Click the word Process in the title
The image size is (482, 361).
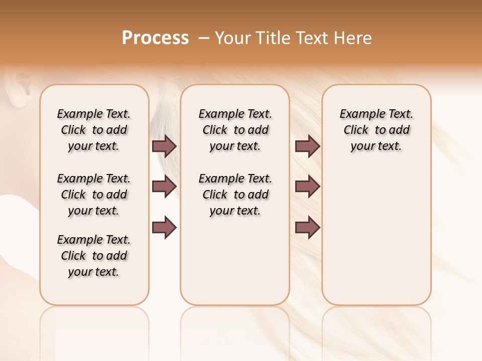tap(155, 38)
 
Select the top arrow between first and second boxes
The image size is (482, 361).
tap(164, 146)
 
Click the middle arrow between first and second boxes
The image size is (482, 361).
tap(164, 187)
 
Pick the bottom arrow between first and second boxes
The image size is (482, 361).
tap(164, 227)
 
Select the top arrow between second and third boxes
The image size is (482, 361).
tap(307, 146)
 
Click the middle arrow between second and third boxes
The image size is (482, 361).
tap(307, 187)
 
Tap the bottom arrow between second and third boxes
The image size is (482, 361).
tap(307, 227)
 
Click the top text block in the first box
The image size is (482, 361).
tap(94, 130)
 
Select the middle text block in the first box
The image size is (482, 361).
tap(94, 195)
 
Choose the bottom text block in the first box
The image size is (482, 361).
tap(94, 256)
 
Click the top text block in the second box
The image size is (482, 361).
tap(235, 130)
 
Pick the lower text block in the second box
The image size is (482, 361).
tap(235, 195)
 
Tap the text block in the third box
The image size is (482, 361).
tap(377, 130)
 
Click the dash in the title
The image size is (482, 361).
tap(203, 38)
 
